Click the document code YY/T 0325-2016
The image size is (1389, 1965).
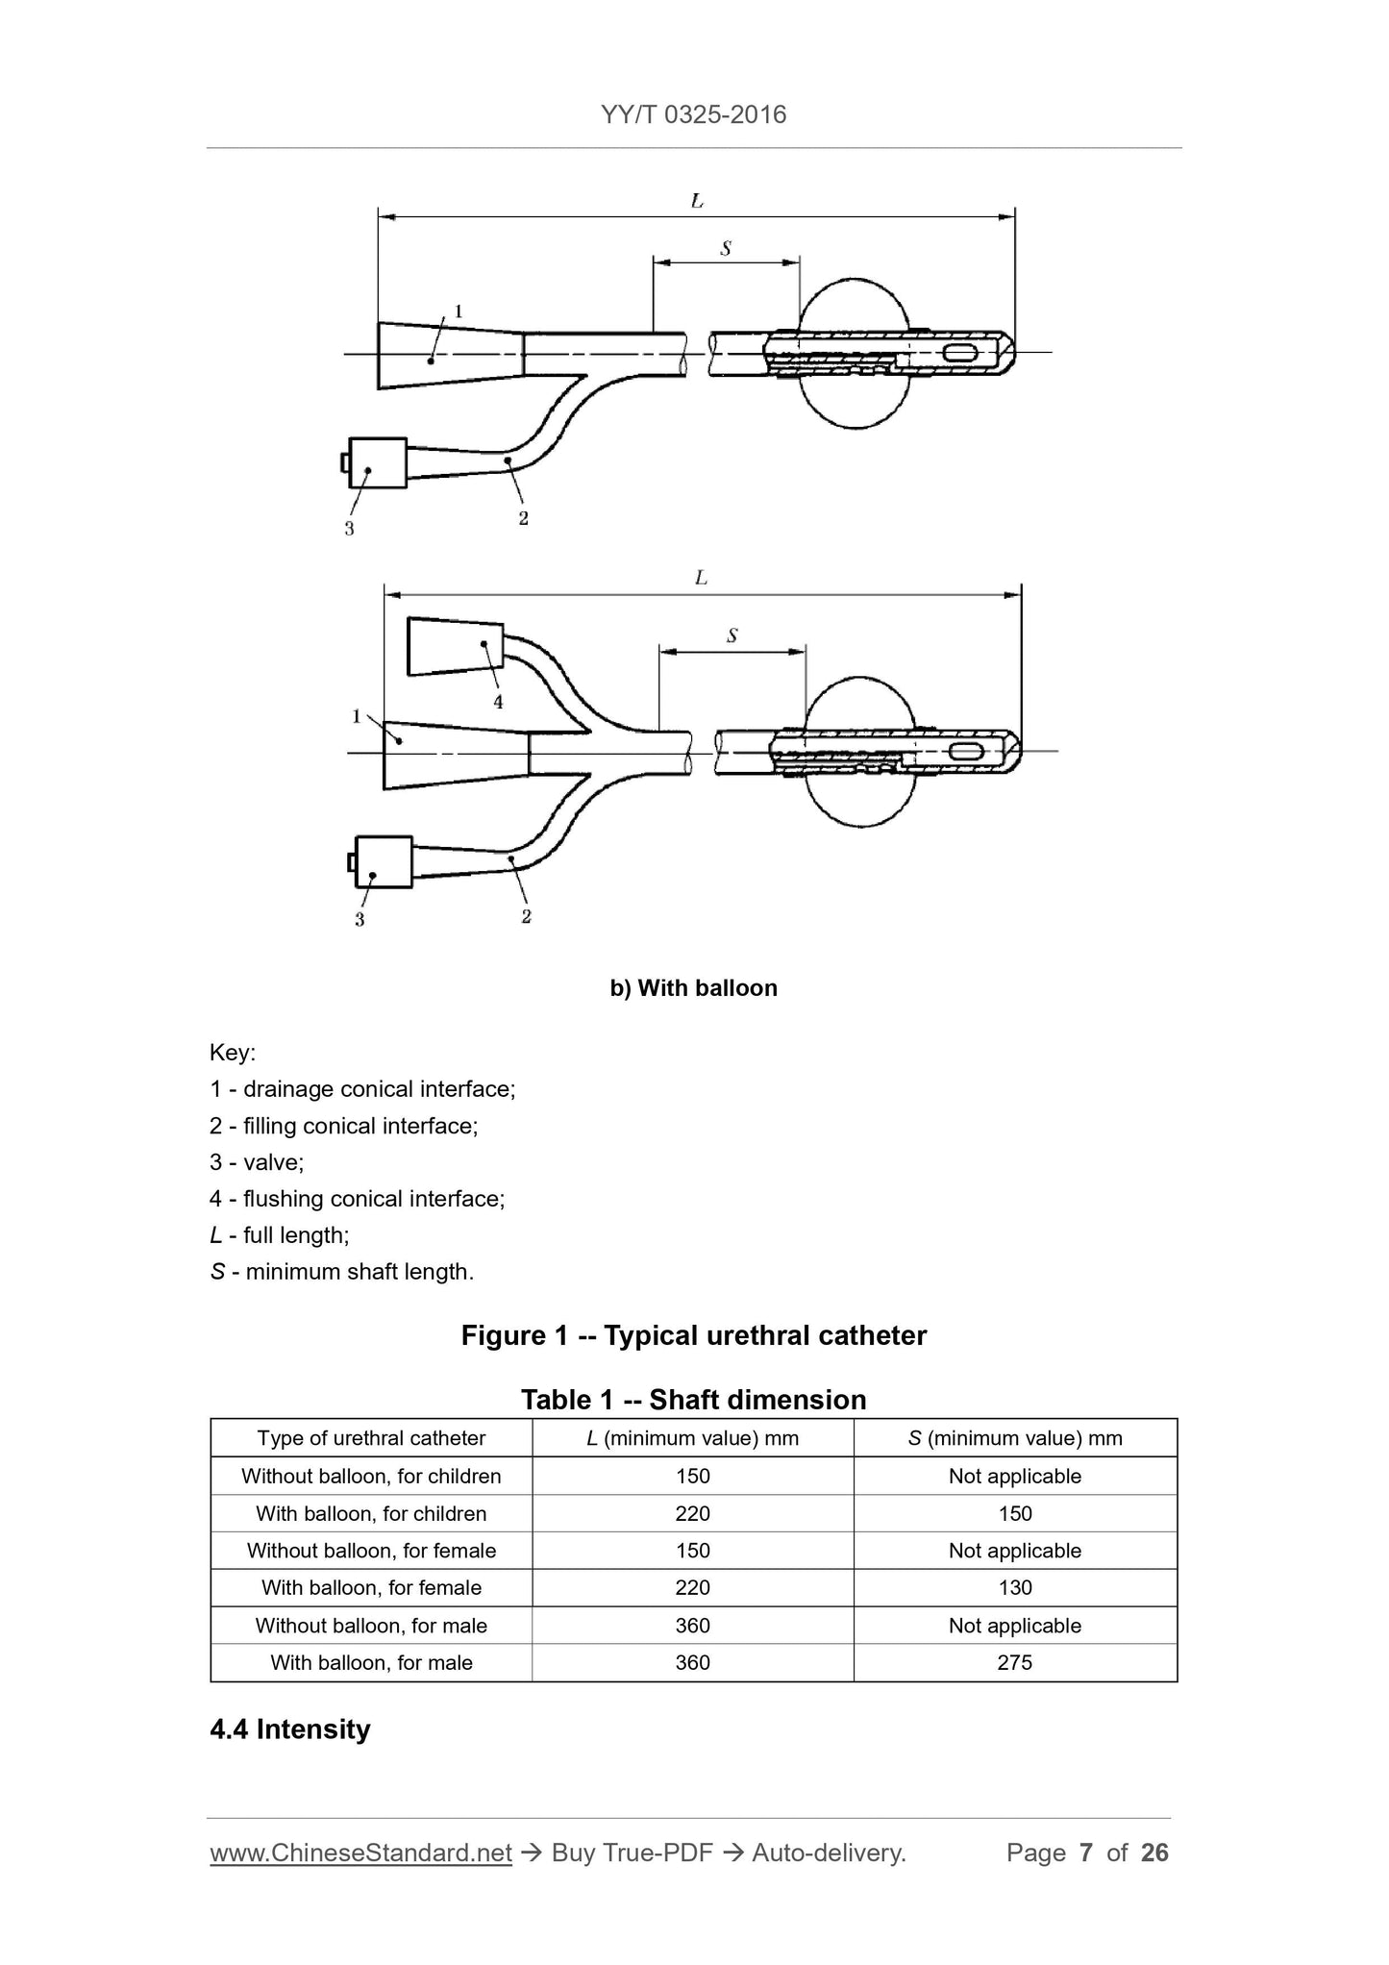coord(693,114)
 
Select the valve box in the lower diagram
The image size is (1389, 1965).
coord(384,861)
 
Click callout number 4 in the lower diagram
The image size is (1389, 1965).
coord(498,703)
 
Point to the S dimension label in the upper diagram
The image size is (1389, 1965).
coord(726,249)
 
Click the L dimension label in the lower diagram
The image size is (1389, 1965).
coord(701,578)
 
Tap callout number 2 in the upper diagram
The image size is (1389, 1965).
coord(523,518)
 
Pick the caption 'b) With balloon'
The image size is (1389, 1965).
coord(693,988)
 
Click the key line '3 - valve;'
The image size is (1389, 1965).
coord(257,1162)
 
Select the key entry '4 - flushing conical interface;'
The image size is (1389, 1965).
coord(357,1199)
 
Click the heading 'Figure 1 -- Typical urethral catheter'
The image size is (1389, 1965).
coord(693,1335)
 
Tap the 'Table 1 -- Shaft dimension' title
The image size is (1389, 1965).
coord(693,1399)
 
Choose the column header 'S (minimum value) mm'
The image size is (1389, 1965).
coord(1015,1438)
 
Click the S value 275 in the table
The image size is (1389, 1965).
coord(1015,1662)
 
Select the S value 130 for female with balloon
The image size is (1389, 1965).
coord(1015,1587)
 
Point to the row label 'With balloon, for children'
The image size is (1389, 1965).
coord(371,1513)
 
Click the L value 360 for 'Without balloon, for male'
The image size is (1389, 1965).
coord(692,1626)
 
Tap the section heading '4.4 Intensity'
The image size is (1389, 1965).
coord(290,1729)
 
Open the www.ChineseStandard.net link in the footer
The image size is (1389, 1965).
coord(360,1853)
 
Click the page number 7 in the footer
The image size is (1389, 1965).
coord(1086,1853)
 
